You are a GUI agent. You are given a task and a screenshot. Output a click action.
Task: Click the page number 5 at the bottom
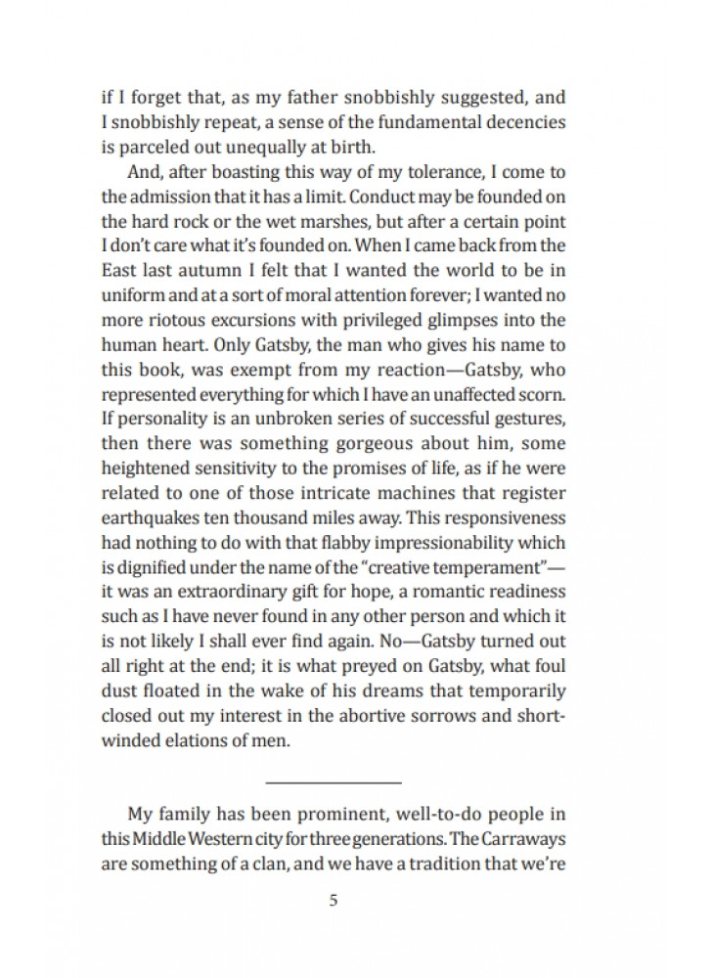[334, 901]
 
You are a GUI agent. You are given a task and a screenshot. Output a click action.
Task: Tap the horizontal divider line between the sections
[334, 782]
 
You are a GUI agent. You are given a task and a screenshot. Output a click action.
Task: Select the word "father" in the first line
[284, 99]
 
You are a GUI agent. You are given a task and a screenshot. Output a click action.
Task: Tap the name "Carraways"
[524, 838]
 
